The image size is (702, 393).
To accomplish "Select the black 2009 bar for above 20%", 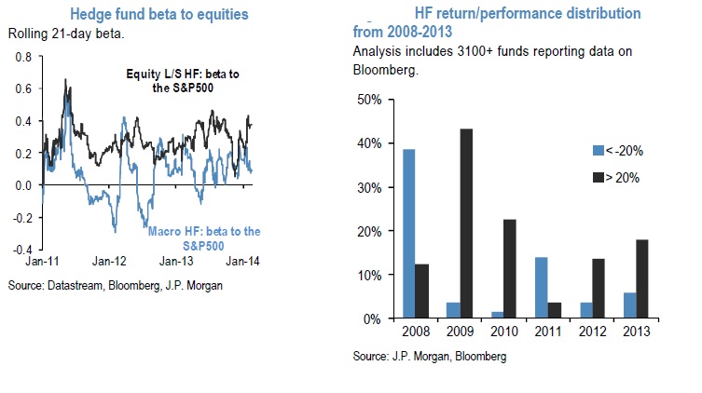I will (x=438, y=224).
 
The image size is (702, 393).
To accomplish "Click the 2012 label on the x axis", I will (x=587, y=332).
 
